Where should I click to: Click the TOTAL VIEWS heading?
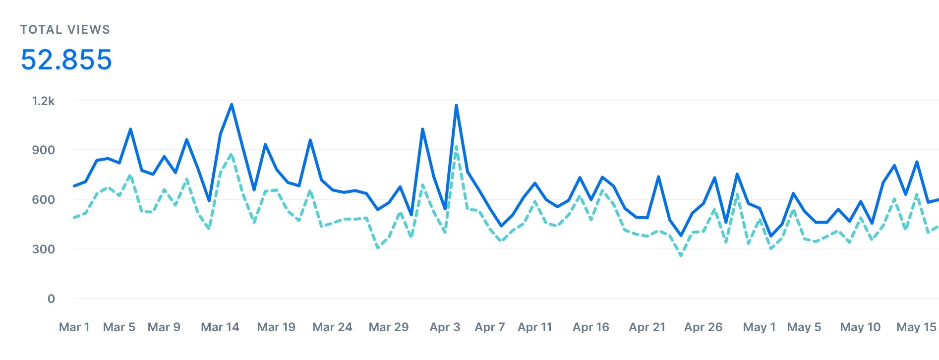(65, 30)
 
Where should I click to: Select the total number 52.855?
(66, 60)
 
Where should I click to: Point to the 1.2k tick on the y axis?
(44, 101)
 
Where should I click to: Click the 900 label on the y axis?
(44, 150)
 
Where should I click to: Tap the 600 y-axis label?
(44, 199)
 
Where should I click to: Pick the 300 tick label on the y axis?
(44, 249)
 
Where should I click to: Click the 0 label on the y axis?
(51, 299)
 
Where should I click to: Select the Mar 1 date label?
(74, 327)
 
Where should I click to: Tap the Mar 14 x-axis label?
(220, 327)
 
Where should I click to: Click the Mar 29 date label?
(389, 327)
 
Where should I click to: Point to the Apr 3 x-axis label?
(445, 327)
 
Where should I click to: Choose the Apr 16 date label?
(591, 327)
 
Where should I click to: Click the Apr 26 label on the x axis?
(703, 327)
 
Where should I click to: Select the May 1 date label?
(759, 327)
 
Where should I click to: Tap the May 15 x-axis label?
(916, 327)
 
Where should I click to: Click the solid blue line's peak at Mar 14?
(232, 105)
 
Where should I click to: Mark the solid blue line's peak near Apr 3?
(456, 105)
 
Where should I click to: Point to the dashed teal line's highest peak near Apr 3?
(456, 147)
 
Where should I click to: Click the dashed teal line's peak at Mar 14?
(232, 155)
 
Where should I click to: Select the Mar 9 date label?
(164, 327)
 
